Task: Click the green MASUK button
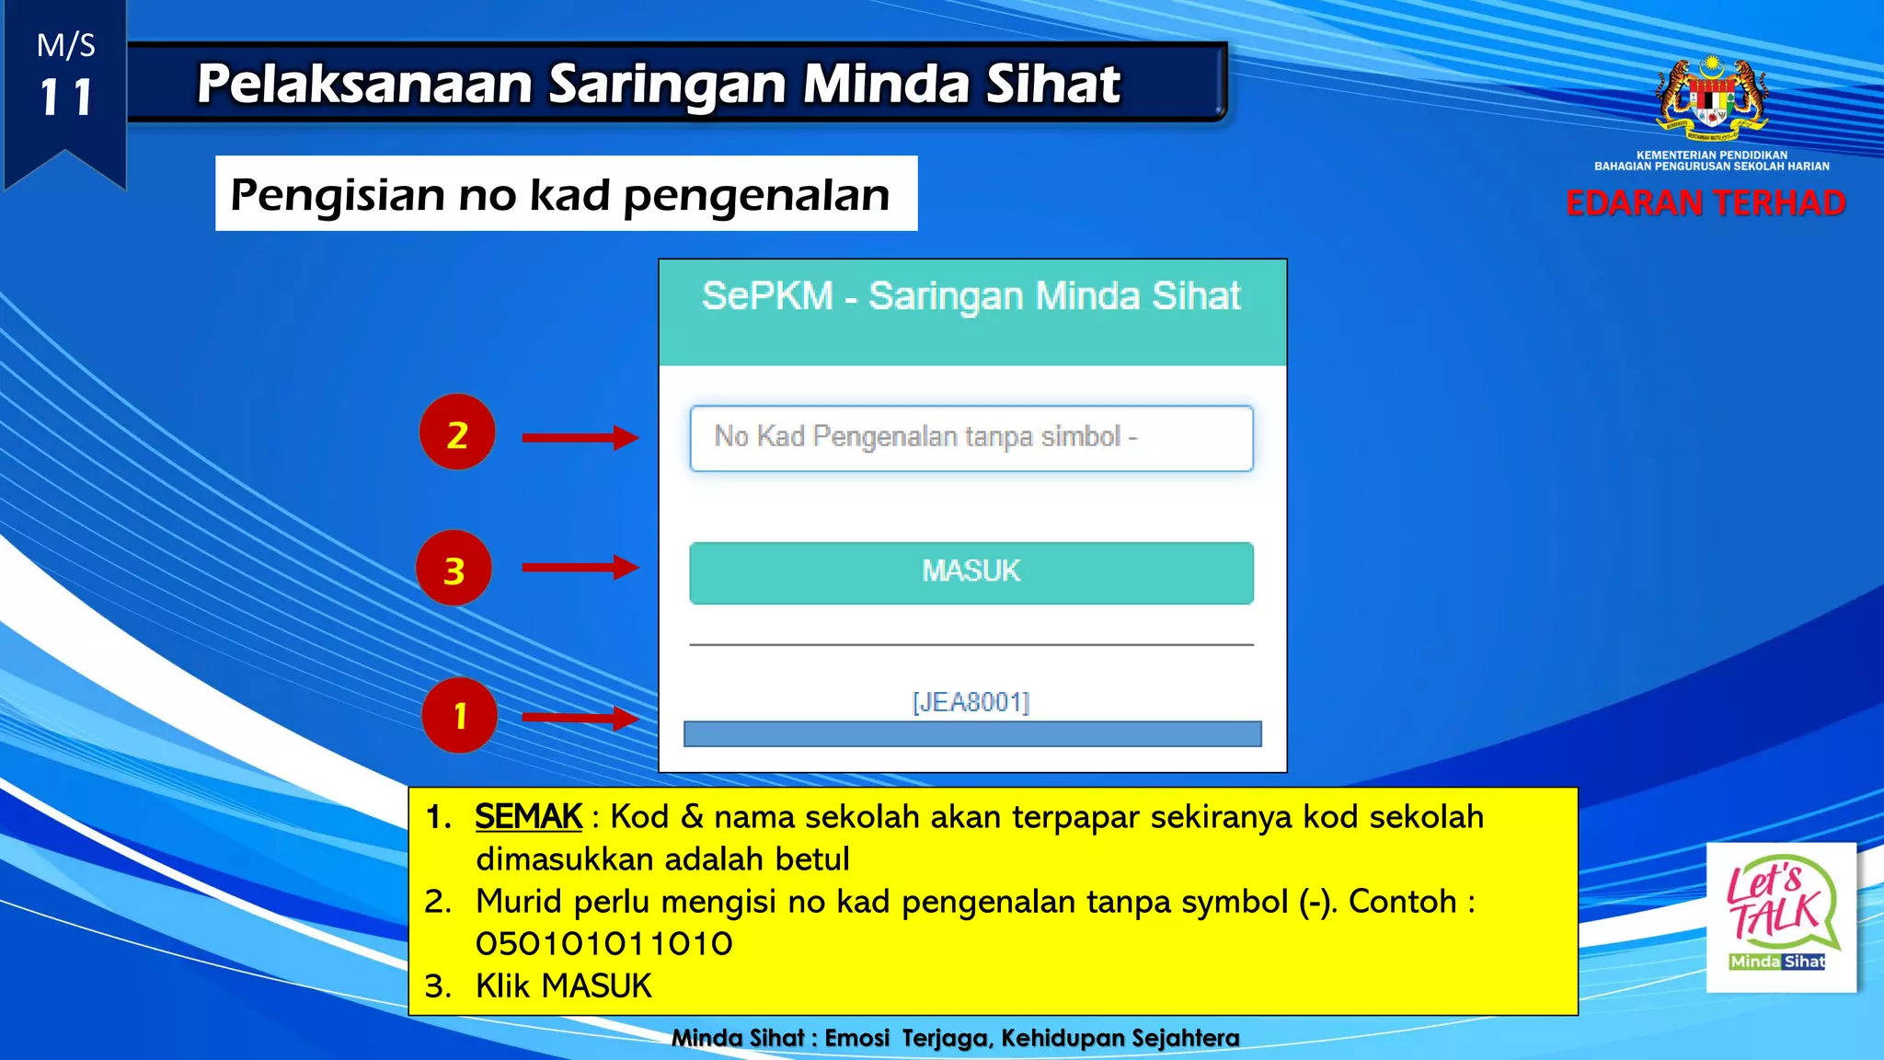(971, 572)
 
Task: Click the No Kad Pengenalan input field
(971, 438)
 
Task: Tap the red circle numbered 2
(457, 432)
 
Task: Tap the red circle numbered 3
(454, 569)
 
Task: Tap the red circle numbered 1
(459, 715)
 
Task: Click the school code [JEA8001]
(971, 702)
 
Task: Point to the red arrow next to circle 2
(580, 437)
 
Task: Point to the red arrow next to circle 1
(580, 717)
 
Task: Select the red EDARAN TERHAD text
(1706, 203)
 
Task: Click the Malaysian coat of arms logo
(1712, 97)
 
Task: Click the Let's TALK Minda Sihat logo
(1780, 916)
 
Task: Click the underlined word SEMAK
(528, 816)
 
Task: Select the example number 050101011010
(603, 944)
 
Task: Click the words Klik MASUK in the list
(563, 986)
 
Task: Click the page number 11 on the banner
(65, 98)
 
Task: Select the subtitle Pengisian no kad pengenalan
(560, 194)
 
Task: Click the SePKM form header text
(971, 296)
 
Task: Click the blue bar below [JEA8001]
(972, 733)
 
